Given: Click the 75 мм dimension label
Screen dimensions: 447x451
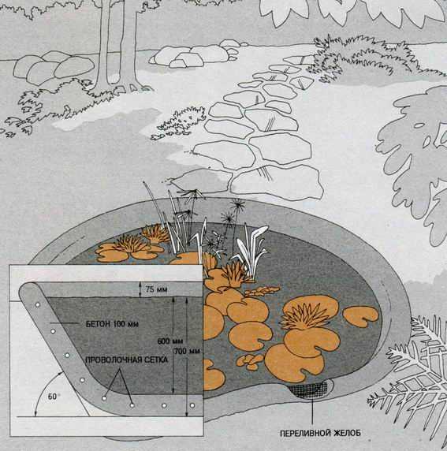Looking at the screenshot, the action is pyautogui.click(x=156, y=289).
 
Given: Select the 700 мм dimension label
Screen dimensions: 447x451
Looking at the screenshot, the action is pyautogui.click(x=187, y=351).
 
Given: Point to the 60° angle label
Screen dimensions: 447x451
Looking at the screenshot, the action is pyautogui.click(x=53, y=397).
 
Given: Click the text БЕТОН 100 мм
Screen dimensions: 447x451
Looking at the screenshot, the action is pyautogui.click(x=112, y=324).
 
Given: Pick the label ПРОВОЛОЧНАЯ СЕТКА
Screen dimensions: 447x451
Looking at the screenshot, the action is pyautogui.click(x=127, y=360).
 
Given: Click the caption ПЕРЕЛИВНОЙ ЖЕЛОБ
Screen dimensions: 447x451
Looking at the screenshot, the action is pyautogui.click(x=320, y=433).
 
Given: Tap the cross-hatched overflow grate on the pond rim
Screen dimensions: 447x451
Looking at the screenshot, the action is pyautogui.click(x=309, y=389).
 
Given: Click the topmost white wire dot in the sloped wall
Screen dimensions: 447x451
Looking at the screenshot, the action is pyautogui.click(x=37, y=305).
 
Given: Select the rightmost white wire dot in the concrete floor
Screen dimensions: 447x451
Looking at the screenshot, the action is pyautogui.click(x=192, y=405).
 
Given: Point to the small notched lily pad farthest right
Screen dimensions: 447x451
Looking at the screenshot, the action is pyautogui.click(x=361, y=316).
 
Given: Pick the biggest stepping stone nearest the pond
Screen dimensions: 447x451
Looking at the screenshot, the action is pyautogui.click(x=277, y=181).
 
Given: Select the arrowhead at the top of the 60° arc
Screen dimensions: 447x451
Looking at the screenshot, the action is pyautogui.click(x=61, y=372).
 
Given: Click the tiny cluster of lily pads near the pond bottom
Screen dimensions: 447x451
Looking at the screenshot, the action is pyautogui.click(x=250, y=362).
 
